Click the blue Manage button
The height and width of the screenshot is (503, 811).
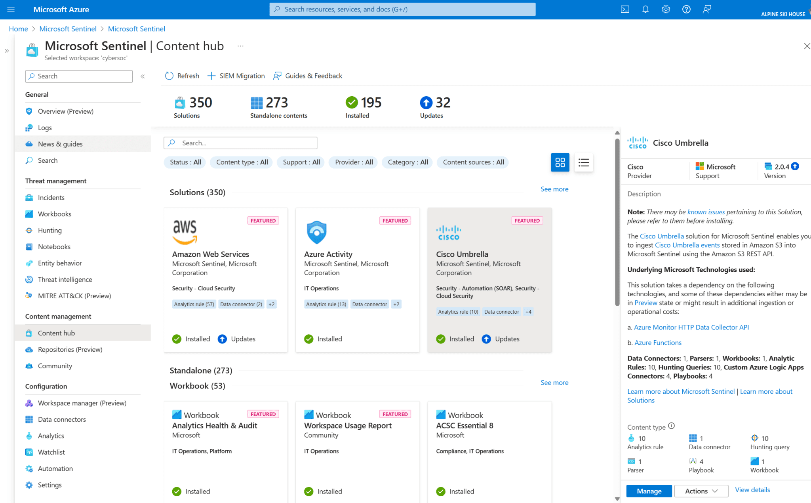click(x=649, y=491)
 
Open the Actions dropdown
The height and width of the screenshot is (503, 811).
click(x=701, y=491)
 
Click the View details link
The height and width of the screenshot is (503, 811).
click(x=752, y=490)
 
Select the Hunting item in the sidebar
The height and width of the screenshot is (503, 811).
click(x=49, y=231)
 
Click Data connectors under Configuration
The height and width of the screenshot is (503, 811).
click(x=62, y=419)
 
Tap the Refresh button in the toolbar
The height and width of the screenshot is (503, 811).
click(x=182, y=76)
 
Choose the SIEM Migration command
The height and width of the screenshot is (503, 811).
click(x=236, y=76)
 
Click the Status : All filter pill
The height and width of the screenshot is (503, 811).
click(x=185, y=162)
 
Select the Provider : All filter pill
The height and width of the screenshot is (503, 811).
click(x=354, y=162)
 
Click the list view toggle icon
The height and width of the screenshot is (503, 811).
click(x=583, y=162)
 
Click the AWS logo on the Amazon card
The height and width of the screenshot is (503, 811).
click(x=185, y=232)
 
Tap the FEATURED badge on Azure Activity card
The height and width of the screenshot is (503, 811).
click(x=395, y=221)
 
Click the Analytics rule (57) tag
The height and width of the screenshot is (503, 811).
click(x=194, y=304)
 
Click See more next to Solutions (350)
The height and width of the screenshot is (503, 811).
click(x=554, y=189)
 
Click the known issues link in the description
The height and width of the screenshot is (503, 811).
click(x=706, y=212)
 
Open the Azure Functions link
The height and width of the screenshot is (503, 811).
click(x=658, y=343)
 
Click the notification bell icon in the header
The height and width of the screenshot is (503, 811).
click(x=645, y=9)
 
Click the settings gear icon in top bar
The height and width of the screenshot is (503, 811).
click(x=666, y=9)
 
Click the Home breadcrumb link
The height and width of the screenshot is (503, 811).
click(x=18, y=29)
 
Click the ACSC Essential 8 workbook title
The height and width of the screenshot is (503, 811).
click(x=465, y=426)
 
